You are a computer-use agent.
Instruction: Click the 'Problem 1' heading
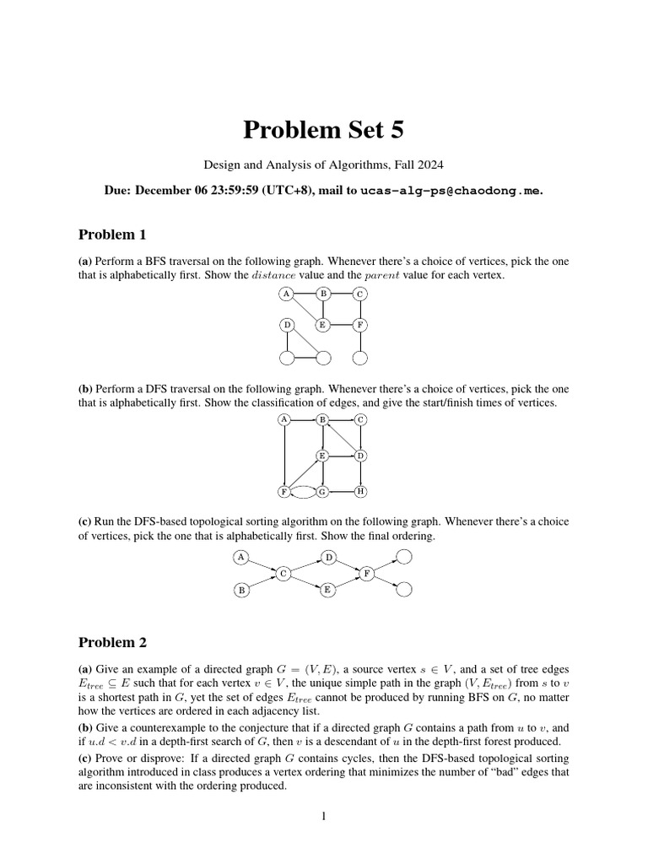click(112, 235)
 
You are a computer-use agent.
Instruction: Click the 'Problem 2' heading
click(112, 642)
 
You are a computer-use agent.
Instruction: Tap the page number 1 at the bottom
click(324, 817)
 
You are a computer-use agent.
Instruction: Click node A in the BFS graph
click(287, 294)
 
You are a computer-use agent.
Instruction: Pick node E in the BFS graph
click(322, 325)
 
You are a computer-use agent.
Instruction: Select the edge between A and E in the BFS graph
click(305, 310)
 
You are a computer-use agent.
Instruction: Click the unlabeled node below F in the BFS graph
click(360, 358)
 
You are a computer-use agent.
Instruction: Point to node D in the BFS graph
click(287, 325)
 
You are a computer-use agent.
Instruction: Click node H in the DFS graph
click(360, 491)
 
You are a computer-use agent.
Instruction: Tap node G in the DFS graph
click(322, 491)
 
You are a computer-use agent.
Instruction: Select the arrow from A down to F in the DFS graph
click(285, 456)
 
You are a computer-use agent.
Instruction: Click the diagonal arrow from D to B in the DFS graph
click(342, 438)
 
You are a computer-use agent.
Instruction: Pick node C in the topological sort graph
click(284, 574)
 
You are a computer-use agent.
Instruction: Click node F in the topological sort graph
click(368, 574)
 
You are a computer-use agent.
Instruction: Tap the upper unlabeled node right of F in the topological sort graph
click(404, 557)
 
